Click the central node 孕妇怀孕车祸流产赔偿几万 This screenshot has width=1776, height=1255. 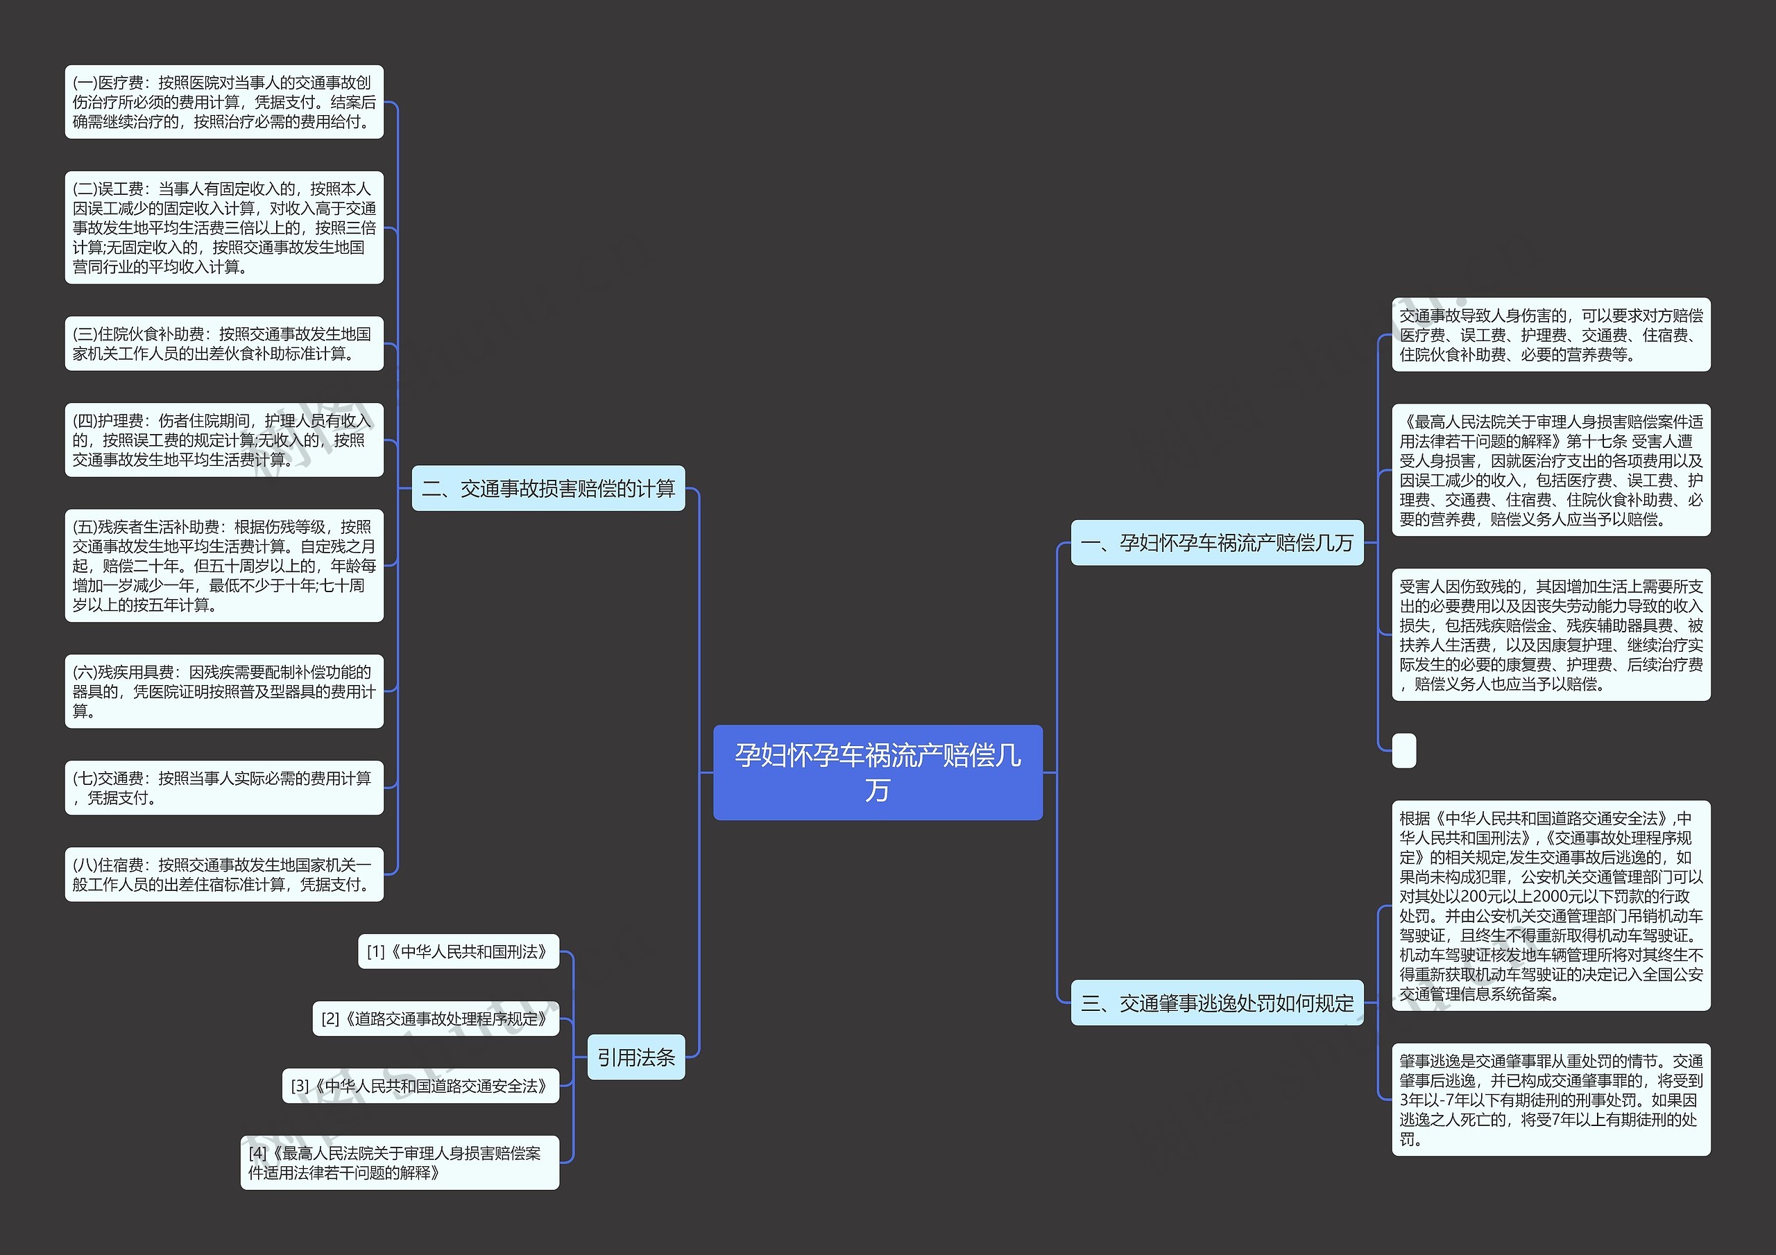[x=877, y=772]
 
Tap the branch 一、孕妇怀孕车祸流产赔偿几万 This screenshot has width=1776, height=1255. [x=1216, y=543]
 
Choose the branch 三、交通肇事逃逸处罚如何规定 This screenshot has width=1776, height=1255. [x=1216, y=1003]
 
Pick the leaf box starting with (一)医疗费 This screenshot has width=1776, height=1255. [x=223, y=102]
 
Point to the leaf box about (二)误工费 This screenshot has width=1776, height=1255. [x=223, y=227]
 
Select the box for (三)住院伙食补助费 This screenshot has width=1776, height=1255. [x=223, y=343]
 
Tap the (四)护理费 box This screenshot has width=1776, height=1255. [x=223, y=440]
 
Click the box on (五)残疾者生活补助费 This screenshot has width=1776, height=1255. [x=223, y=565]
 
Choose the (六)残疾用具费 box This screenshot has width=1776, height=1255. [x=223, y=691]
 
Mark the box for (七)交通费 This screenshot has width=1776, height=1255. [x=223, y=787]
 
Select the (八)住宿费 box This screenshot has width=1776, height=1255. [x=223, y=874]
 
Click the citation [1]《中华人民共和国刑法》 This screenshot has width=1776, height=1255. [x=458, y=951]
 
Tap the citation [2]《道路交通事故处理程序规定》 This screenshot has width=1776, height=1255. [x=435, y=1019]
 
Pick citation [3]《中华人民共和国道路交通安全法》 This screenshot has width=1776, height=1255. [x=420, y=1086]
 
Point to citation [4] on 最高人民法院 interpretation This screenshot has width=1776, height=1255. [x=399, y=1162]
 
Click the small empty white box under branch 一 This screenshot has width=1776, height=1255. [x=1403, y=750]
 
